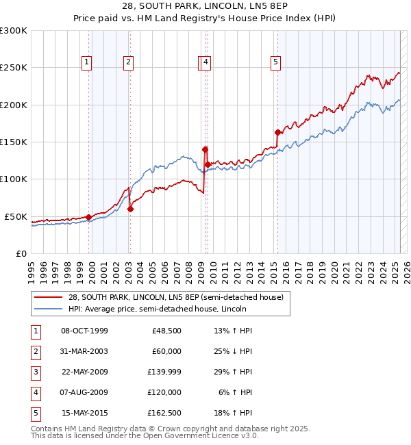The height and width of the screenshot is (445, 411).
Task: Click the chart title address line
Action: pos(205,7)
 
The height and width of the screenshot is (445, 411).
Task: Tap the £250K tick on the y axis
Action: pos(14,68)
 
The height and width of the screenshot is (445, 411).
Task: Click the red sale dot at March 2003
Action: pos(130,209)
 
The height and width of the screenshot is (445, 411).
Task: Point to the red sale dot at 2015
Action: pos(277,133)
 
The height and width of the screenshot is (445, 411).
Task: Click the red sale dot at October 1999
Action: pos(88,218)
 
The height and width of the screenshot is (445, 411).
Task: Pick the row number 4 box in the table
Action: pos(34,392)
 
